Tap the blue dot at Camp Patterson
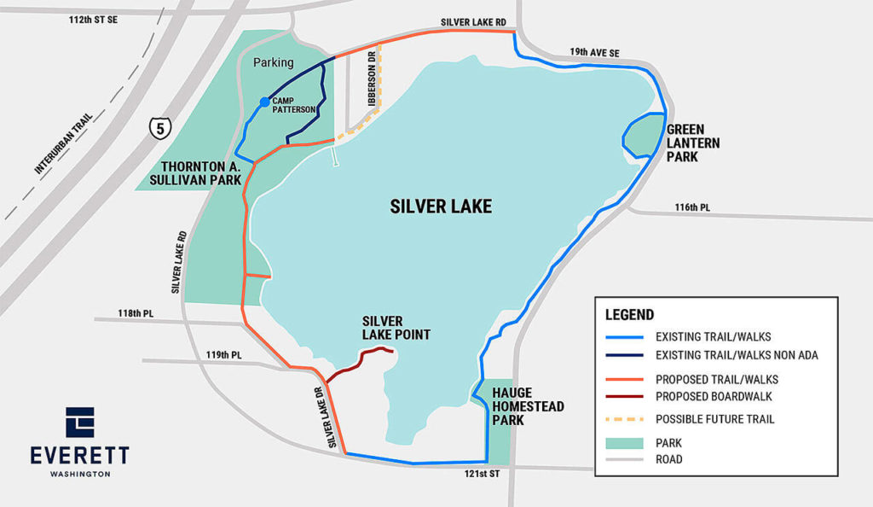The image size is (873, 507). coord(264,103)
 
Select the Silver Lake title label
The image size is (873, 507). coord(441,207)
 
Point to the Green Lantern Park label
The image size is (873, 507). coord(694,143)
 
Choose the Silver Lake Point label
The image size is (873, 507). coord(396,327)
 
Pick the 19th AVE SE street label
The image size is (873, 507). coord(594,53)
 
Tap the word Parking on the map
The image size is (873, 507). coord(273,62)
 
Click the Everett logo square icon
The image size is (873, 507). coord(80,422)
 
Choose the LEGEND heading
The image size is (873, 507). coord(629,315)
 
